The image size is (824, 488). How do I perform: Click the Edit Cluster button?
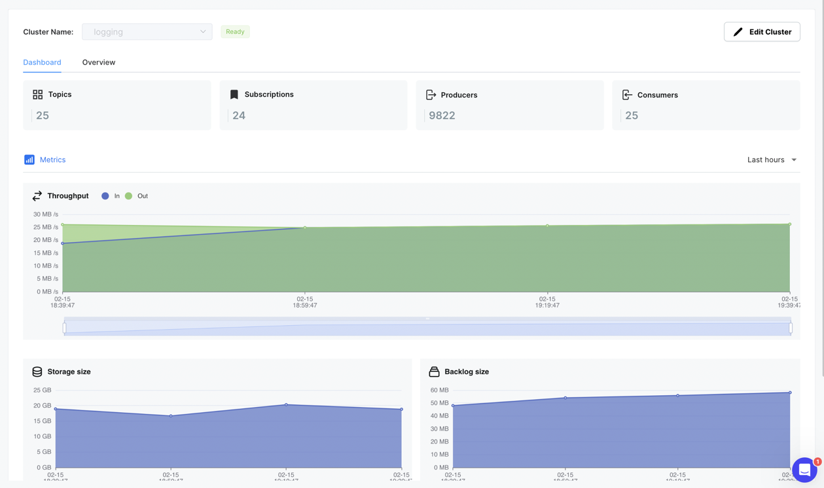click(x=762, y=31)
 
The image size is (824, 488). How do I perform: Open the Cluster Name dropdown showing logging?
click(x=147, y=31)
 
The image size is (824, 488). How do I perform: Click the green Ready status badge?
click(x=235, y=31)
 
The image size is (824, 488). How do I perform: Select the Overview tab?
click(x=99, y=62)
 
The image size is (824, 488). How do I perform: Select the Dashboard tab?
click(x=42, y=62)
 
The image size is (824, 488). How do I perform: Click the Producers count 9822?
click(x=442, y=115)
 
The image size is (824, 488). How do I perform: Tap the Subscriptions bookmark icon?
click(x=234, y=94)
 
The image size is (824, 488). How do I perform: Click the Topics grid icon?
click(x=38, y=94)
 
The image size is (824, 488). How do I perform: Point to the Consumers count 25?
click(x=632, y=115)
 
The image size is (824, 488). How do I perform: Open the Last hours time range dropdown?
click(x=772, y=160)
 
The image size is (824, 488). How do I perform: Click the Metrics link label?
click(x=52, y=160)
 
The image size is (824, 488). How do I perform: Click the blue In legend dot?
click(x=105, y=196)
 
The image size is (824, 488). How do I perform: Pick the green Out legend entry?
click(x=137, y=196)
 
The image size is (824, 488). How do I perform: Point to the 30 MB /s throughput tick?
click(x=46, y=214)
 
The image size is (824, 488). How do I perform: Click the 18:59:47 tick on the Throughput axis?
click(x=305, y=302)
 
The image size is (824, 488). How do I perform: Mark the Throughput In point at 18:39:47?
click(x=63, y=243)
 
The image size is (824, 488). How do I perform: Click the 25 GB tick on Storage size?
click(x=43, y=390)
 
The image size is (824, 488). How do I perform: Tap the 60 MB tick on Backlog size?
click(x=440, y=390)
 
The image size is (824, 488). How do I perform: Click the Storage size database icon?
click(x=37, y=372)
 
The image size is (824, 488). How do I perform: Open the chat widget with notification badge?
click(x=804, y=469)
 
